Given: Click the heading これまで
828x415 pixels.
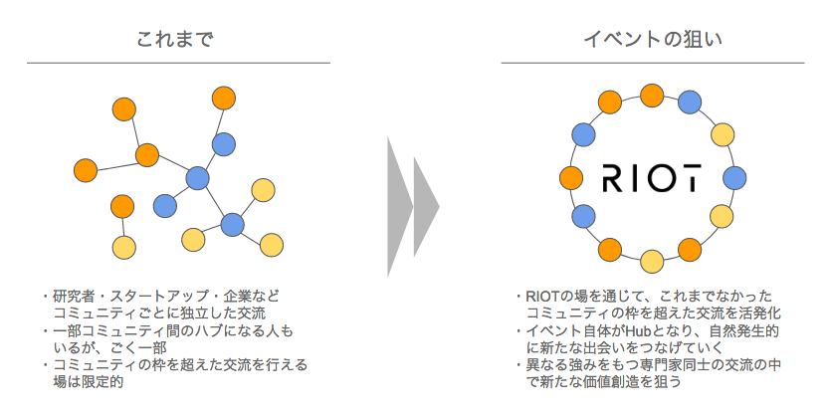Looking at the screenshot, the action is tap(175, 40).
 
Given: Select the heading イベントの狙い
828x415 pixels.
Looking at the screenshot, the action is tap(653, 40).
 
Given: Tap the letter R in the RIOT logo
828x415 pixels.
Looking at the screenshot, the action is tap(613, 178).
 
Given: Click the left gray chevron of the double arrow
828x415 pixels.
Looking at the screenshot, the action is tap(399, 206).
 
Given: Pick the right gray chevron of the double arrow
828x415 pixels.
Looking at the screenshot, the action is tap(426, 206).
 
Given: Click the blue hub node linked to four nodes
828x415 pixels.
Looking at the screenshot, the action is tap(197, 178).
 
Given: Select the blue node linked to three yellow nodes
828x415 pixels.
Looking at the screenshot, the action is tap(232, 224).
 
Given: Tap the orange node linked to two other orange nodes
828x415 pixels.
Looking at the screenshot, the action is tap(147, 155).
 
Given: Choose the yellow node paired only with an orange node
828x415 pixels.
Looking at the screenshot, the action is tap(124, 247).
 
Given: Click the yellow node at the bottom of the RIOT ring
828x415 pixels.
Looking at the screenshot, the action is tap(652, 261).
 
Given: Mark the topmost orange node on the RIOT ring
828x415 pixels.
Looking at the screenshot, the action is tap(652, 96).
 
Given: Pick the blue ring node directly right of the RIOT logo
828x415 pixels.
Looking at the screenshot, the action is tap(734, 178).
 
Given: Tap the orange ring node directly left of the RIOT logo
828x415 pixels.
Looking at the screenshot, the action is tap(571, 178).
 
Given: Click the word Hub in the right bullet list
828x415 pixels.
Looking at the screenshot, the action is tap(636, 331).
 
